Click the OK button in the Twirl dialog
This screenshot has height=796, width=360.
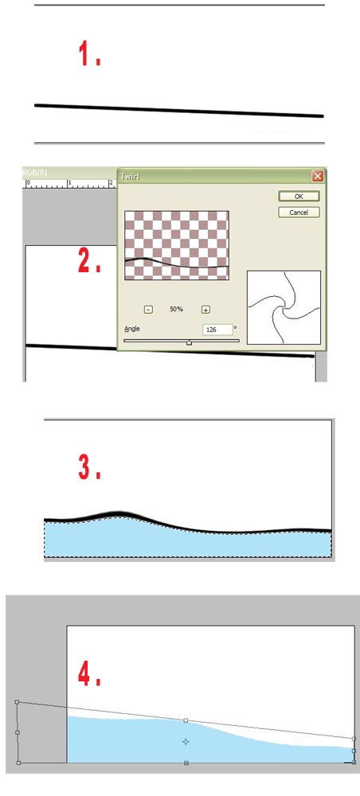pyautogui.click(x=299, y=196)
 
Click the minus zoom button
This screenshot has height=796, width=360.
pyautogui.click(x=148, y=310)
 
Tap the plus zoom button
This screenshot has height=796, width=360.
pyautogui.click(x=205, y=310)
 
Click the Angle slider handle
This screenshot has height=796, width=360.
pyautogui.click(x=189, y=341)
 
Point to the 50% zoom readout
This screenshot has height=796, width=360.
pyautogui.click(x=177, y=310)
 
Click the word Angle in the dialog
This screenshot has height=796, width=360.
pyautogui.click(x=132, y=329)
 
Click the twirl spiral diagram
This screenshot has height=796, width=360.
pyautogui.click(x=284, y=307)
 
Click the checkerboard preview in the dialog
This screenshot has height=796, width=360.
pyautogui.click(x=177, y=245)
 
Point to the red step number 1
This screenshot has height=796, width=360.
pyautogui.click(x=88, y=55)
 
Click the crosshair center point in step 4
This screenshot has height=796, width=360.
pyautogui.click(x=186, y=741)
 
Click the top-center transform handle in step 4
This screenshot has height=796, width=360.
pyautogui.click(x=186, y=720)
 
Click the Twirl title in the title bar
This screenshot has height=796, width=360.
pyautogui.click(x=131, y=175)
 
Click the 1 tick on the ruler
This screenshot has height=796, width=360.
pyautogui.click(x=69, y=183)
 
